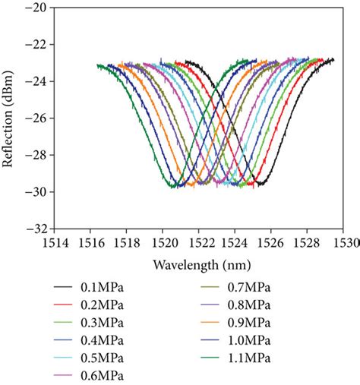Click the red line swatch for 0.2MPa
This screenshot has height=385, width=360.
pyautogui.click(x=62, y=305)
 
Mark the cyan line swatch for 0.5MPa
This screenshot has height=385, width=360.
pyautogui.click(x=62, y=358)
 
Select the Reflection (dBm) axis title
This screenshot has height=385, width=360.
pyautogui.click(x=11, y=118)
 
